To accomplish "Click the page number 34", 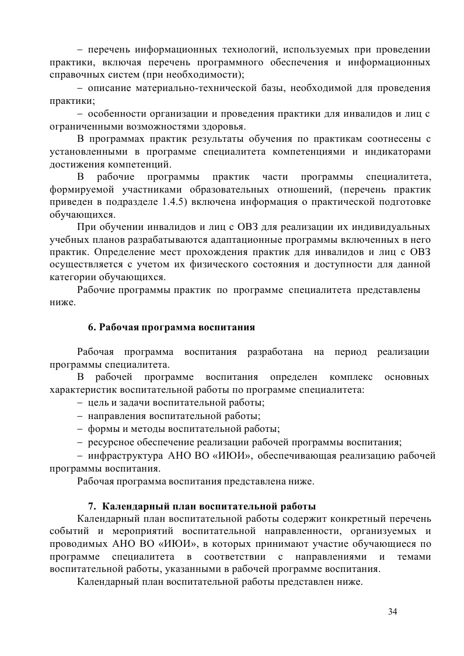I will [392, 612].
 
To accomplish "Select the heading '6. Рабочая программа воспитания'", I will [171, 327].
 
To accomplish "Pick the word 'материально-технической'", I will [192, 88].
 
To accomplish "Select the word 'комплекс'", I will [347, 377].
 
